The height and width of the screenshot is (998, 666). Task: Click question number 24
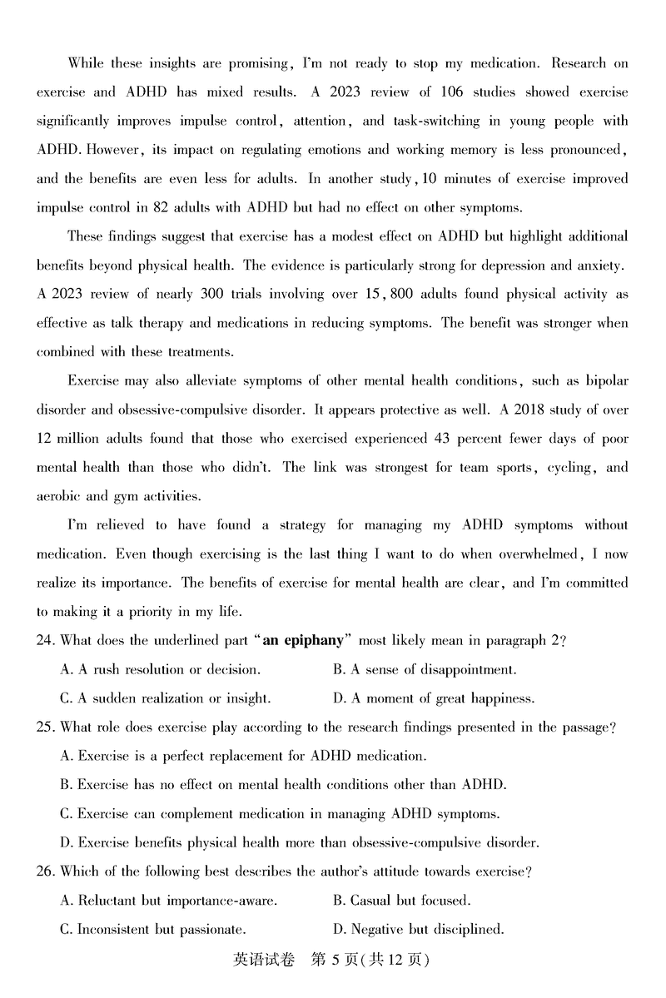[46, 641]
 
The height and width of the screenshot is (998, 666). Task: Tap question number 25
[46, 727]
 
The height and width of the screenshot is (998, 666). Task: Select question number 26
[46, 872]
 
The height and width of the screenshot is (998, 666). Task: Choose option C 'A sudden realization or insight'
[166, 698]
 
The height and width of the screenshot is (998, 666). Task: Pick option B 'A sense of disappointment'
[425, 669]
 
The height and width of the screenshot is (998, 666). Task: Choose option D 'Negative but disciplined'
[419, 929]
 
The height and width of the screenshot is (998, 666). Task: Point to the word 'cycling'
[569, 468]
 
